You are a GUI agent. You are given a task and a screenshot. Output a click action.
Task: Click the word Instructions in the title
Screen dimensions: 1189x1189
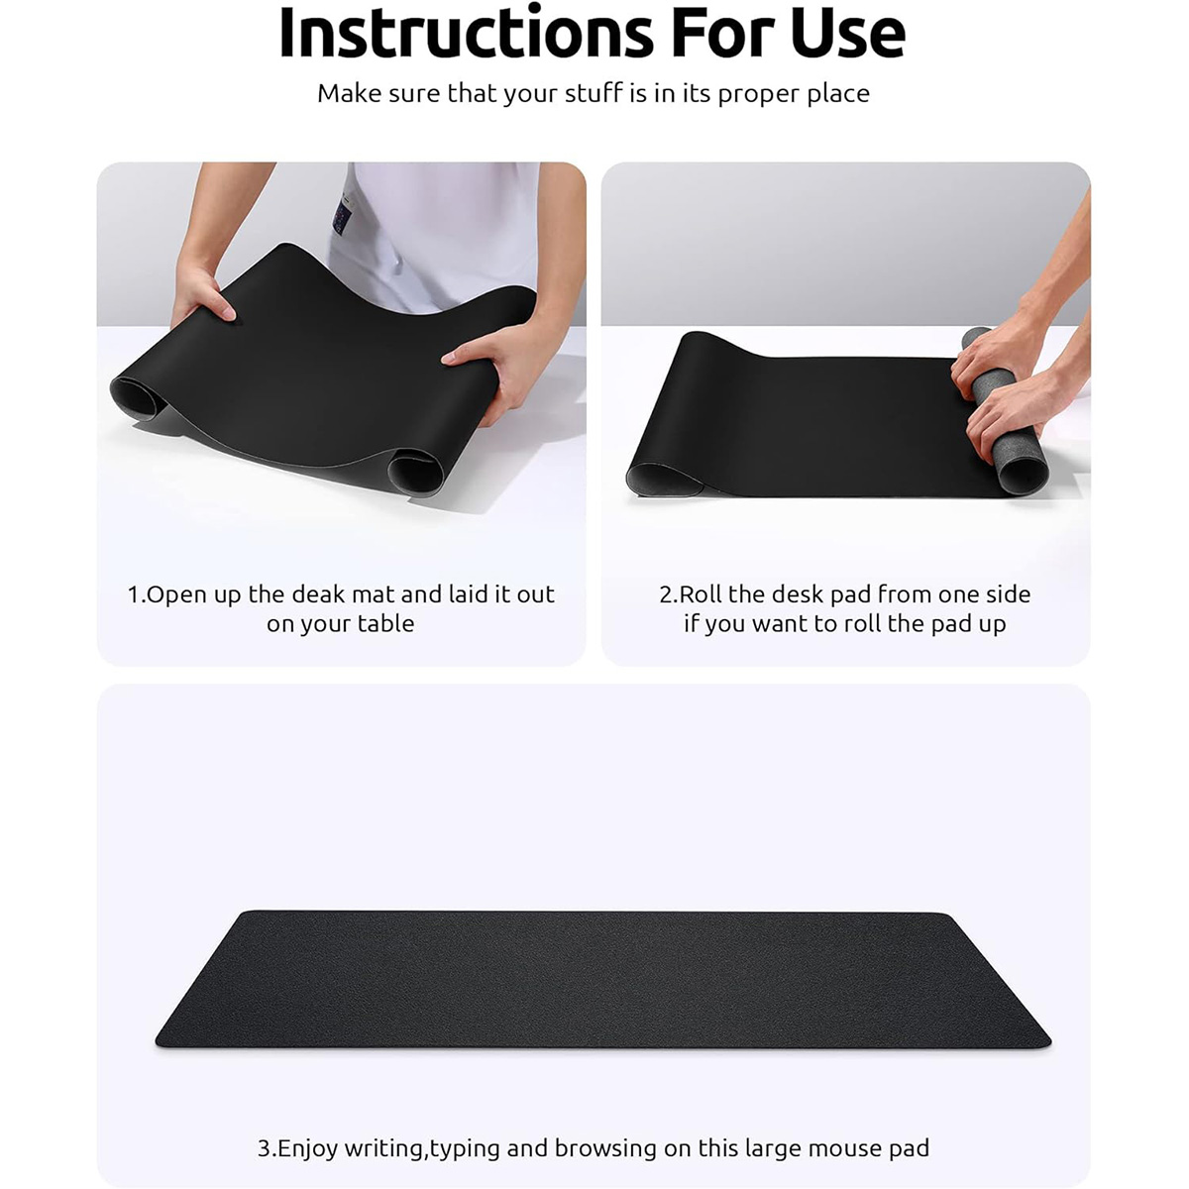(467, 32)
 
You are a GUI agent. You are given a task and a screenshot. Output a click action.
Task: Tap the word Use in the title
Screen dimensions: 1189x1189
(848, 33)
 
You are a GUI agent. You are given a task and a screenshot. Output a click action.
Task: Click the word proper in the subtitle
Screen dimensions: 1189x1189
(758, 94)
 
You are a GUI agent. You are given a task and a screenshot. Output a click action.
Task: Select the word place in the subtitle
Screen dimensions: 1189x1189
(837, 94)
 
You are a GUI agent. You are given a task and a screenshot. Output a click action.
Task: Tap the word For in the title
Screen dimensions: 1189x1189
(722, 33)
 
